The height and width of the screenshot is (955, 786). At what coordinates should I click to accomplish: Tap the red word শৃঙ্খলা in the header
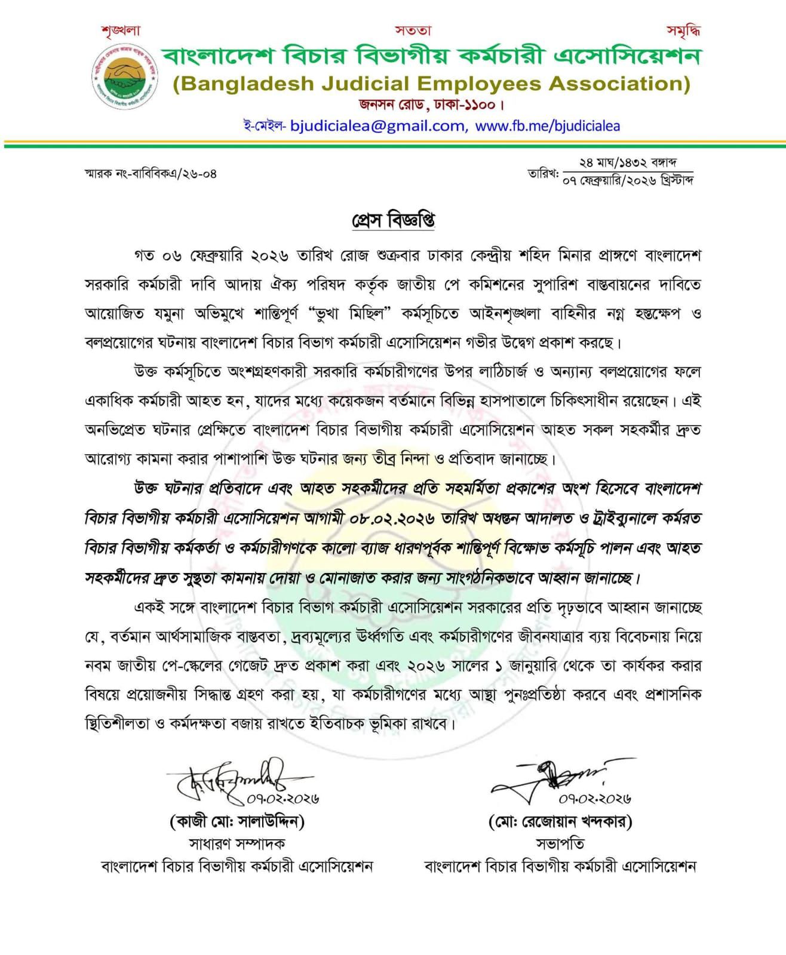[120, 30]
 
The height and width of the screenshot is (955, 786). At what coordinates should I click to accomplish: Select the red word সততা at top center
[413, 30]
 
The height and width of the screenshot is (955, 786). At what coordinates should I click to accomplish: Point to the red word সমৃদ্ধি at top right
[683, 30]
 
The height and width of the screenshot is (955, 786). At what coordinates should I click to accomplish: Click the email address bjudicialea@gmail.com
[377, 126]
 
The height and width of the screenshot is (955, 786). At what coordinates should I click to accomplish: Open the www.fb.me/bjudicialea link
[548, 126]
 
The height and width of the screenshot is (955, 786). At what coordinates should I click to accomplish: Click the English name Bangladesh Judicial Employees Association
[431, 84]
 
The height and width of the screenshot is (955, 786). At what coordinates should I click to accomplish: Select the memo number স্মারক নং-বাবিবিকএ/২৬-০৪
[151, 174]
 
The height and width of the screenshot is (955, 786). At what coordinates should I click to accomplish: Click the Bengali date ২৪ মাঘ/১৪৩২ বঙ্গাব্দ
[627, 162]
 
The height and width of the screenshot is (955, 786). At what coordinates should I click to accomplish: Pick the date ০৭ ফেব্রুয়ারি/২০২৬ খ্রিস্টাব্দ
[627, 180]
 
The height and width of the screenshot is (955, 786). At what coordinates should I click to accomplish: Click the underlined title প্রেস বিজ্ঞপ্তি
[393, 220]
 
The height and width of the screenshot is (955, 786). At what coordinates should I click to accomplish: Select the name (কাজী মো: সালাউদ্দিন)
[237, 822]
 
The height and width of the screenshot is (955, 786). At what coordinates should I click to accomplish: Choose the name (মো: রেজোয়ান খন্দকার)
[560, 822]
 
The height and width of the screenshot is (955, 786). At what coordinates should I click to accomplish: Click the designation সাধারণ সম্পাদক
[237, 843]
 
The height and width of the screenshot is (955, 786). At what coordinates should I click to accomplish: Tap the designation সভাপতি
[560, 843]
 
